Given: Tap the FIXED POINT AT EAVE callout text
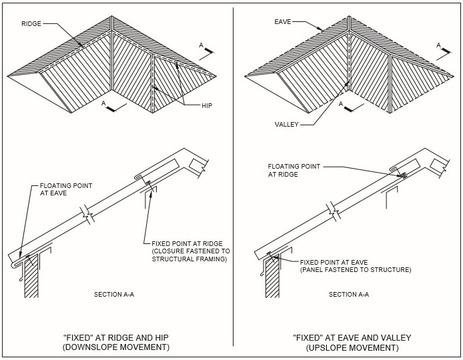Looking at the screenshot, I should coord(355,267).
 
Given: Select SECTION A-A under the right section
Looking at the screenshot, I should coord(348,294).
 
